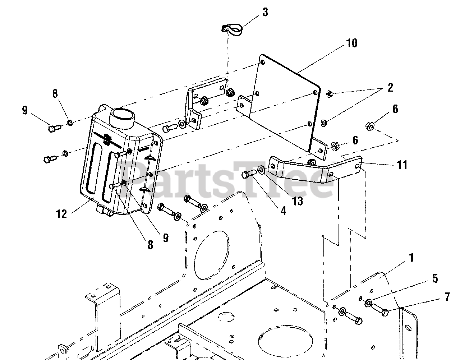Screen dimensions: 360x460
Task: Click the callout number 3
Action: (x=265, y=13)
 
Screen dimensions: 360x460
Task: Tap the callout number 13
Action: (x=298, y=201)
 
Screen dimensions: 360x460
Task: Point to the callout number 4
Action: (x=284, y=210)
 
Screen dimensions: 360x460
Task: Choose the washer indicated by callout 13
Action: (x=260, y=169)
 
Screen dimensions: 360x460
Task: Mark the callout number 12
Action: (x=61, y=214)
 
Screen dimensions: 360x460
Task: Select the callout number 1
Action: (x=411, y=257)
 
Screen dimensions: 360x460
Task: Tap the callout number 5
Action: (x=435, y=278)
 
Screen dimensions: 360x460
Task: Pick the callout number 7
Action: (x=447, y=297)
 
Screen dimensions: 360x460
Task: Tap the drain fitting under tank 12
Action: (x=105, y=211)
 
